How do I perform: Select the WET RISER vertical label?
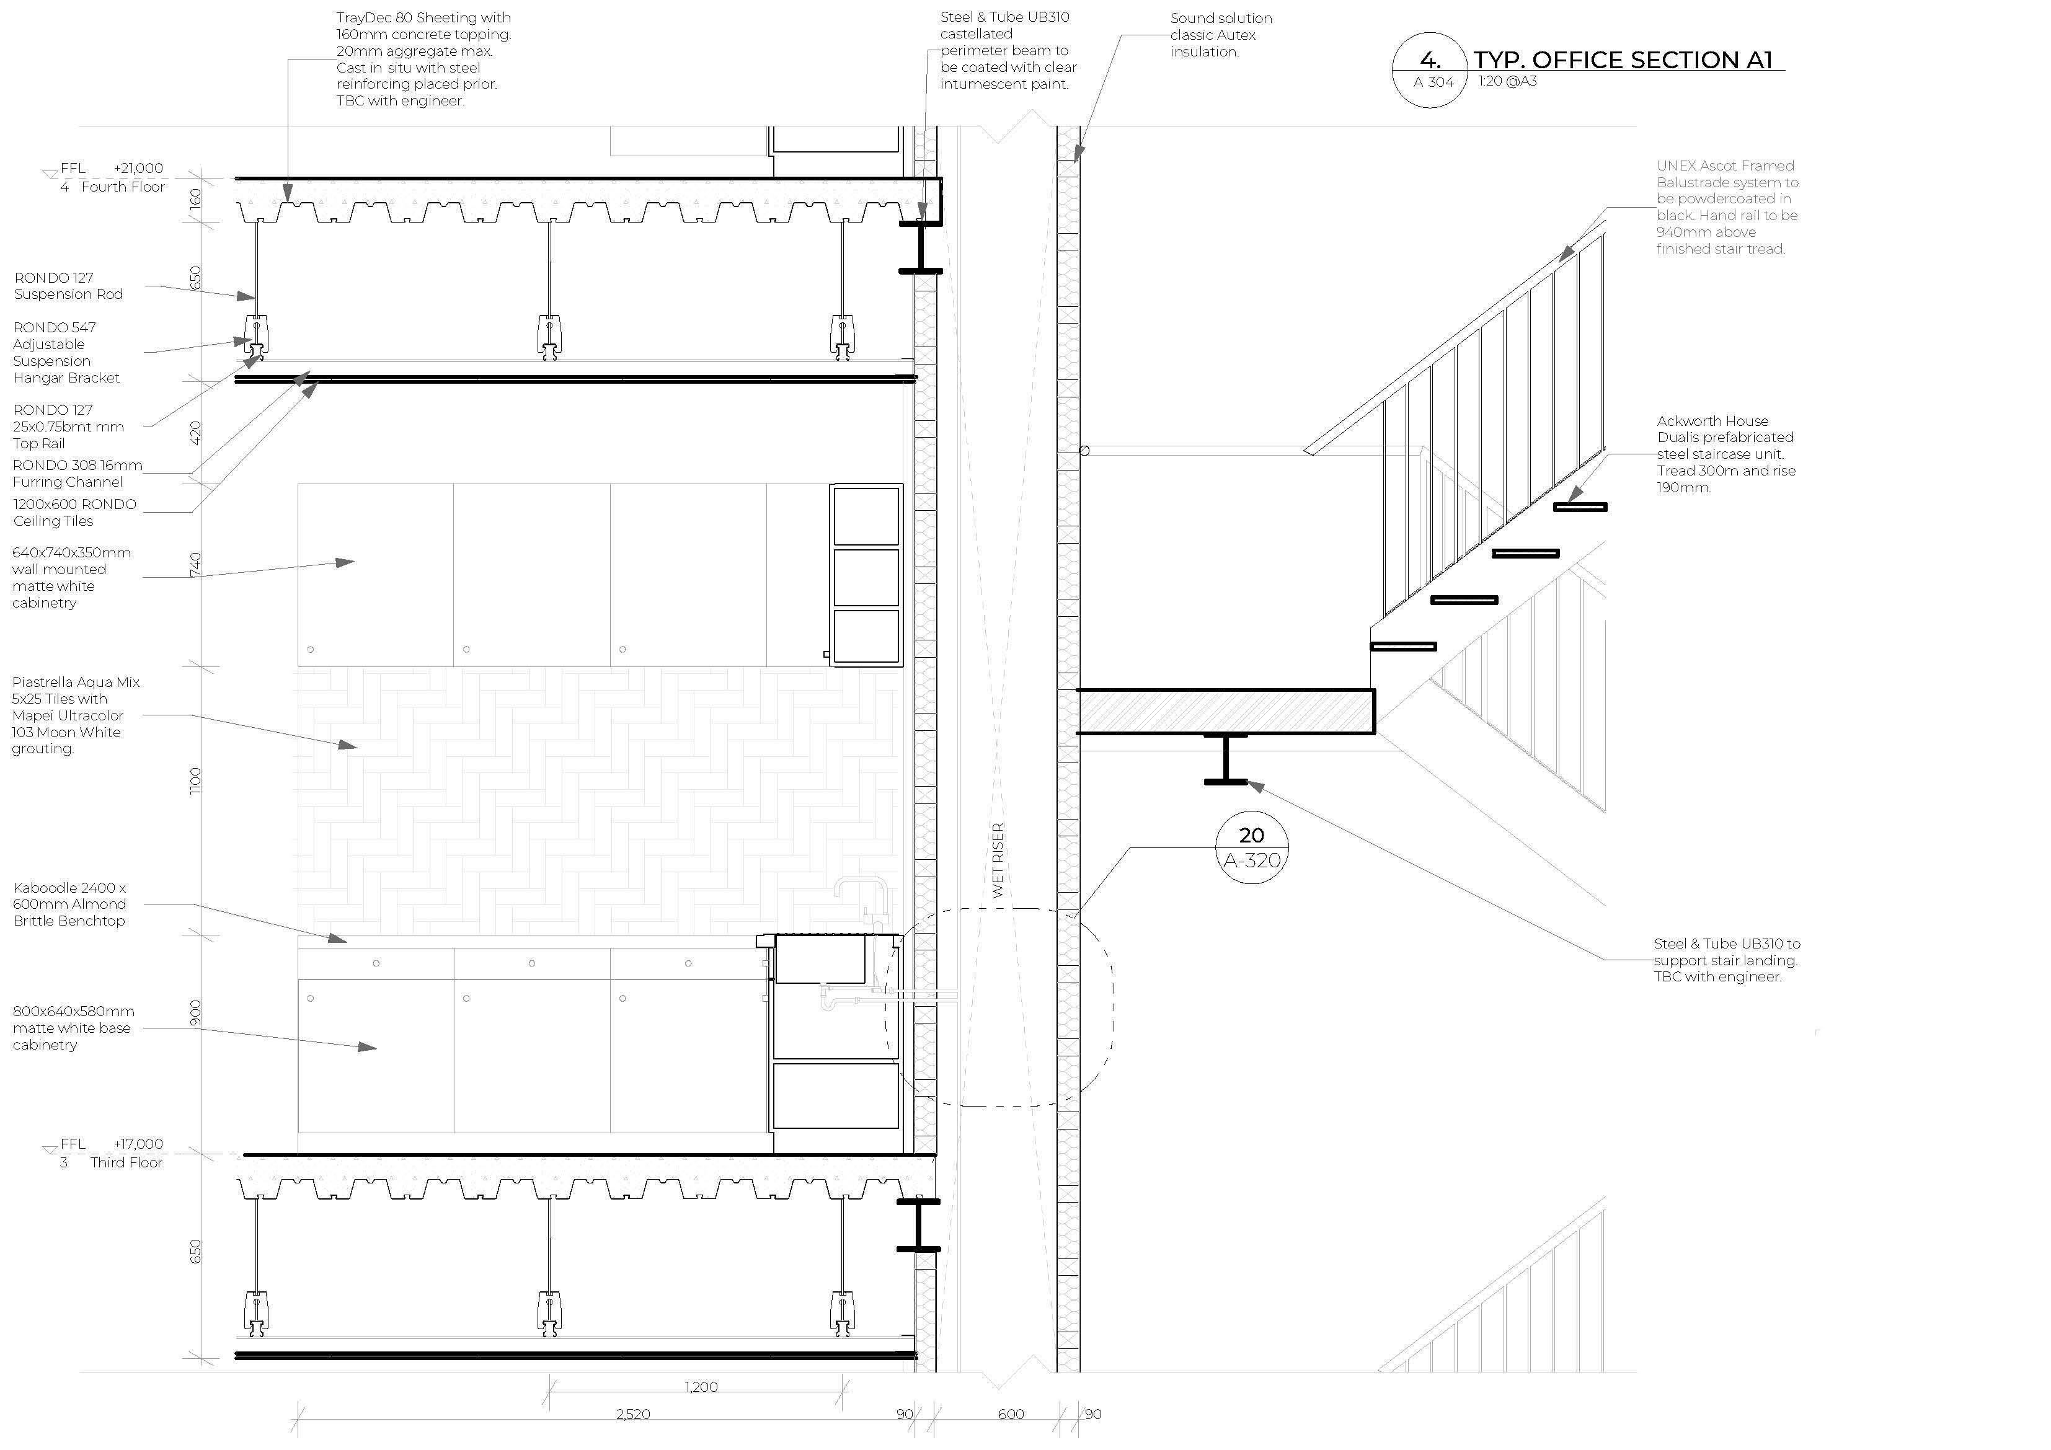[x=998, y=859]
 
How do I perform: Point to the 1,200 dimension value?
[x=701, y=1387]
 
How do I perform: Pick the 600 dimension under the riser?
[x=1011, y=1414]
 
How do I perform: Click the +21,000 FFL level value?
[x=138, y=168]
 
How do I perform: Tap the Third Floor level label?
[x=126, y=1162]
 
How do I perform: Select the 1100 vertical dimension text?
[x=196, y=780]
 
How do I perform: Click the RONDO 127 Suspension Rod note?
[x=68, y=286]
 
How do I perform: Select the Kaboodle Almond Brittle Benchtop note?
[x=69, y=904]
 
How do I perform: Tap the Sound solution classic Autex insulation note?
[x=1221, y=35]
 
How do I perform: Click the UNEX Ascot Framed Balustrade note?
[x=1727, y=207]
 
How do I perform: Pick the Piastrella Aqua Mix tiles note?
[x=76, y=715]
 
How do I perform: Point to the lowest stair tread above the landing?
[x=1403, y=646]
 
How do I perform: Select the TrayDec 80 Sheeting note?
[x=423, y=59]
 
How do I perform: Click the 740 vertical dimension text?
[x=196, y=565]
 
